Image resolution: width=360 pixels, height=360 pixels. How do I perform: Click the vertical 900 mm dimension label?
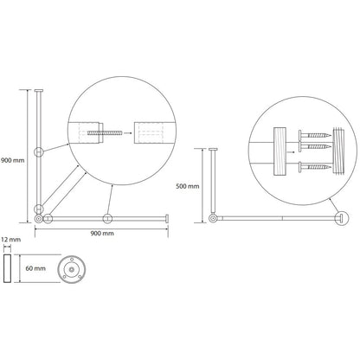pyautogui.click(x=12, y=160)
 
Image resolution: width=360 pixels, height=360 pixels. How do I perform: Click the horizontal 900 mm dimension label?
pyautogui.click(x=102, y=234)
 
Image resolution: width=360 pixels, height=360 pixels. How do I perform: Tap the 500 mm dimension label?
pyautogui.click(x=188, y=186)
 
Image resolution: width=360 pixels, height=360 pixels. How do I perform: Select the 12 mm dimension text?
pyautogui.click(x=10, y=240)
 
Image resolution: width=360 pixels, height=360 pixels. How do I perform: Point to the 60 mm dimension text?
pyautogui.click(x=35, y=268)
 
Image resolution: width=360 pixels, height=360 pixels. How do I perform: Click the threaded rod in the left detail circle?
pyautogui.click(x=105, y=133)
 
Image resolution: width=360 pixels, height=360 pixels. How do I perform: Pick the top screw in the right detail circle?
pyautogui.click(x=315, y=135)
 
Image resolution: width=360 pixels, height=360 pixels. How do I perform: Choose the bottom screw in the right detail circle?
pyautogui.click(x=315, y=167)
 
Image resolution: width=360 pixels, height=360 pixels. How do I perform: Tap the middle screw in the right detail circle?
pyautogui.click(x=315, y=146)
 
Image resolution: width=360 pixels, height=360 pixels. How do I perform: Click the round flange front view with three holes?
pyautogui.click(x=72, y=269)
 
